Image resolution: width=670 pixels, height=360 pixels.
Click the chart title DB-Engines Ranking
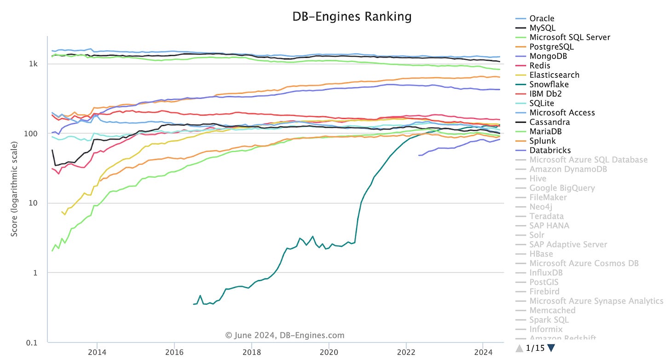(x=352, y=17)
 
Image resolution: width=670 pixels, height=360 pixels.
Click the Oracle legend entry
(x=542, y=18)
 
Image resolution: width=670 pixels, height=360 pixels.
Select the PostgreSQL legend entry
(x=551, y=46)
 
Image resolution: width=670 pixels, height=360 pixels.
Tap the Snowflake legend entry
(x=549, y=84)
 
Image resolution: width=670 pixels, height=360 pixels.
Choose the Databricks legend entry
(x=550, y=150)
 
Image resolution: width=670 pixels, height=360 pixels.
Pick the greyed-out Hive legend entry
(x=538, y=179)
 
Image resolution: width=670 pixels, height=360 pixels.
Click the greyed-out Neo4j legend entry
(x=541, y=207)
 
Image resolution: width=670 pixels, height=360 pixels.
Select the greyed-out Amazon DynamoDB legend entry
(x=568, y=169)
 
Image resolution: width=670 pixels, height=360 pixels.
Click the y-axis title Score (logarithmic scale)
(x=15, y=189)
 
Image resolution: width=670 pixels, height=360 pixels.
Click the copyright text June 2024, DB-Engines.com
(x=285, y=336)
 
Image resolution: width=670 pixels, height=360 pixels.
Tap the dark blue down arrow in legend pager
(x=551, y=348)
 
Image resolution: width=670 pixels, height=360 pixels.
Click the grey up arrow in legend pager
(x=520, y=348)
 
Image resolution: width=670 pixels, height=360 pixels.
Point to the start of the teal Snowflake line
(x=193, y=304)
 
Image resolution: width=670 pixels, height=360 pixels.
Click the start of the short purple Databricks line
(x=419, y=155)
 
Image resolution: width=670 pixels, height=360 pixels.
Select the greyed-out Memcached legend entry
(x=552, y=310)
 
